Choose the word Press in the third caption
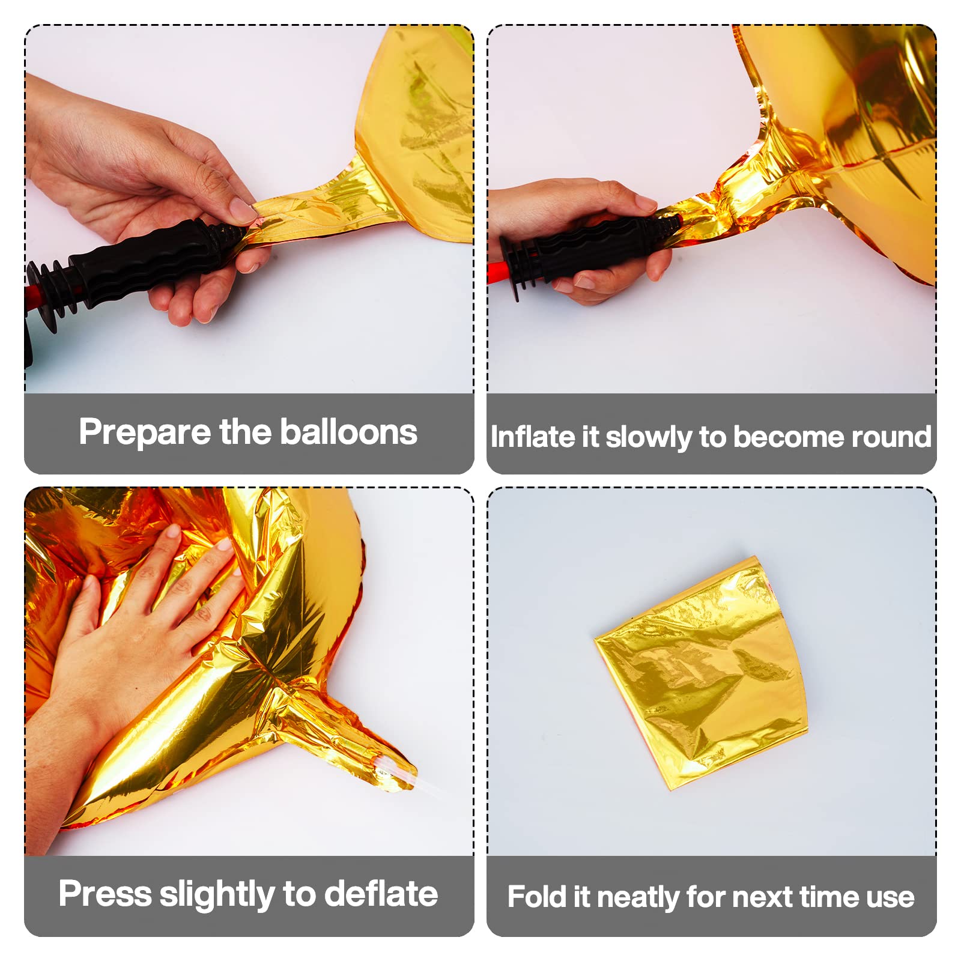(105, 894)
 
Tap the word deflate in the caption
(381, 894)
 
